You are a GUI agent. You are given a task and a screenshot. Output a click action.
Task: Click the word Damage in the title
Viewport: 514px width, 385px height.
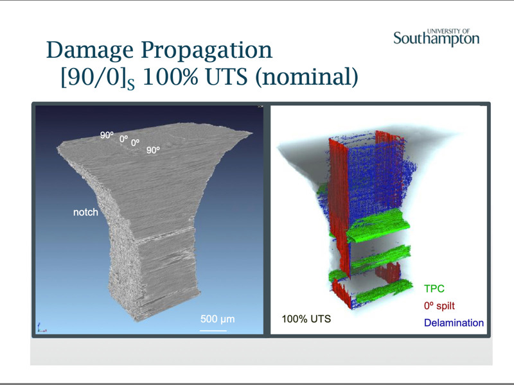(x=90, y=51)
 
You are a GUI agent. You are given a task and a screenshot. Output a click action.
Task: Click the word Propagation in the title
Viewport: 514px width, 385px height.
(x=207, y=51)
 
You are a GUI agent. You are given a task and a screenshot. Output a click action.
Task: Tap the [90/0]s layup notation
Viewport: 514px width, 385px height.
(x=98, y=78)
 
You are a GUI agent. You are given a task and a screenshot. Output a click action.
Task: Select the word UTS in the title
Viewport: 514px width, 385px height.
(x=227, y=77)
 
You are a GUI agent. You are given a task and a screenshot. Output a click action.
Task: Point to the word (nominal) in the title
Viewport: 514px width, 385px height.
(x=307, y=78)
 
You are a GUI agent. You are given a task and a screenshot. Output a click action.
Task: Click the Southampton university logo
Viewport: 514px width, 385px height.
(x=436, y=37)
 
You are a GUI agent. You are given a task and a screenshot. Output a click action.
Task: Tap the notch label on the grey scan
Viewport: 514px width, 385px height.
(x=85, y=212)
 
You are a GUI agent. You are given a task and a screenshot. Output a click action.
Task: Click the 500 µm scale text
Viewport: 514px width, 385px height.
(x=217, y=319)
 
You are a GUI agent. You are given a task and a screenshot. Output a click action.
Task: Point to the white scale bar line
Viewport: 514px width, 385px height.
(x=213, y=330)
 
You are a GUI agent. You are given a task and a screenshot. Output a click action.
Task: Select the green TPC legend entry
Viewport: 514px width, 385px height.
(x=434, y=289)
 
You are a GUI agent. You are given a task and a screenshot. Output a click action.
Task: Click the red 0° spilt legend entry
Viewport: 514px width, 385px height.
(x=439, y=306)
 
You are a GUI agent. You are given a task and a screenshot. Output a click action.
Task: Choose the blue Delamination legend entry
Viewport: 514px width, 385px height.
(x=454, y=323)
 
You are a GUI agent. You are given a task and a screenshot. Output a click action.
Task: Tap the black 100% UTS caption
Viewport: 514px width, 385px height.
(x=306, y=319)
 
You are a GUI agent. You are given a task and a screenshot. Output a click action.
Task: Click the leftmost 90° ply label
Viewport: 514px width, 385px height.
(x=107, y=135)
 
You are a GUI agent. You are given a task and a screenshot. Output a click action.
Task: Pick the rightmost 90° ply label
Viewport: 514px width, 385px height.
(x=153, y=150)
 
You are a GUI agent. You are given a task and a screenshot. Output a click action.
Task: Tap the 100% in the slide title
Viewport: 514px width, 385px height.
(x=170, y=77)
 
